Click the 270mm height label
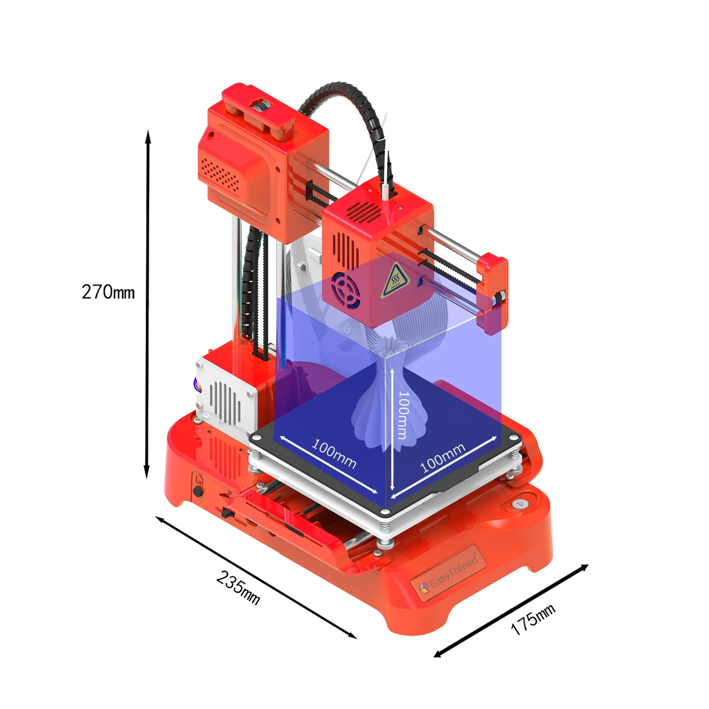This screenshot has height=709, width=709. coord(108,292)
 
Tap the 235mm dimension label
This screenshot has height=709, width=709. coord(238,588)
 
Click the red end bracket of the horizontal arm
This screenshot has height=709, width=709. coord(493,294)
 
